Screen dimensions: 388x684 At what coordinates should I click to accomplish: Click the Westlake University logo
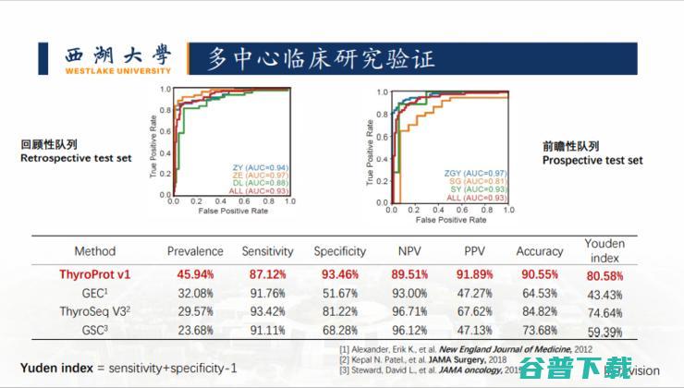click(x=118, y=58)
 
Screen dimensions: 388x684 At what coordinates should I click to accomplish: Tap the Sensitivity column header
click(x=267, y=251)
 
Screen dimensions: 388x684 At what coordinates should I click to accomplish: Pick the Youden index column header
click(x=604, y=251)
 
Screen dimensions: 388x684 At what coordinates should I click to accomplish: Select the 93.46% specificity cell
click(x=339, y=275)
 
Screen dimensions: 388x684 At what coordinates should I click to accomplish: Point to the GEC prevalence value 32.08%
click(x=194, y=293)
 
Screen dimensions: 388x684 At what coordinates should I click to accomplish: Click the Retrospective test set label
click(x=76, y=158)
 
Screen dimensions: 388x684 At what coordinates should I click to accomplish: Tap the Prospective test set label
click(x=592, y=160)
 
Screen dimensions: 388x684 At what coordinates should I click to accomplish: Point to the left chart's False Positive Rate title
click(x=233, y=212)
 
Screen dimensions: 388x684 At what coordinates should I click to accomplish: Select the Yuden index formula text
click(x=128, y=367)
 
